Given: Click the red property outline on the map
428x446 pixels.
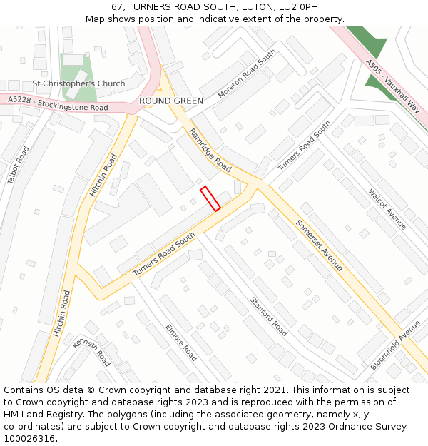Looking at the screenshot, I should [210, 198].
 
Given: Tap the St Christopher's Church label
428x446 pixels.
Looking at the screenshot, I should [78, 83].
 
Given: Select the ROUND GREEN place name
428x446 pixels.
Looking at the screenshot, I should [171, 101].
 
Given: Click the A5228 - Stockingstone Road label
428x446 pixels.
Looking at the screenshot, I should [58, 105].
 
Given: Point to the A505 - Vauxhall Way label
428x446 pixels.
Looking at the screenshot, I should [392, 83].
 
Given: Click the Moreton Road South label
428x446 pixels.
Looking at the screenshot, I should [247, 74].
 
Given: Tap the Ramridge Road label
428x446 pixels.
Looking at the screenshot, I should [210, 150].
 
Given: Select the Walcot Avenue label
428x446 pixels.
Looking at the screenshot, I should [387, 208].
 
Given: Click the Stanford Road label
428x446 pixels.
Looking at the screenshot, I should [268, 316].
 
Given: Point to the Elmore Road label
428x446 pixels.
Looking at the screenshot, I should [180, 342].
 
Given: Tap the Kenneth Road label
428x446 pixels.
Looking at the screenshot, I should [91, 351].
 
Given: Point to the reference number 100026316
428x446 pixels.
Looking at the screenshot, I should [31, 438].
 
